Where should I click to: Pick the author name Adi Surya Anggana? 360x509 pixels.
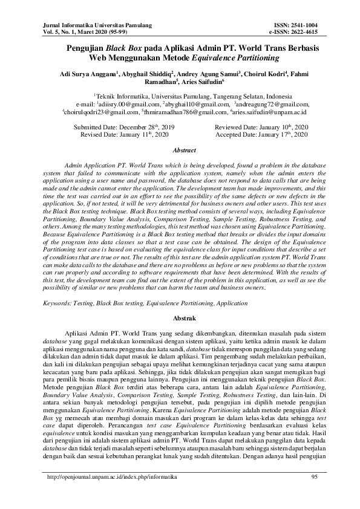pyautogui.click(x=90, y=74)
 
